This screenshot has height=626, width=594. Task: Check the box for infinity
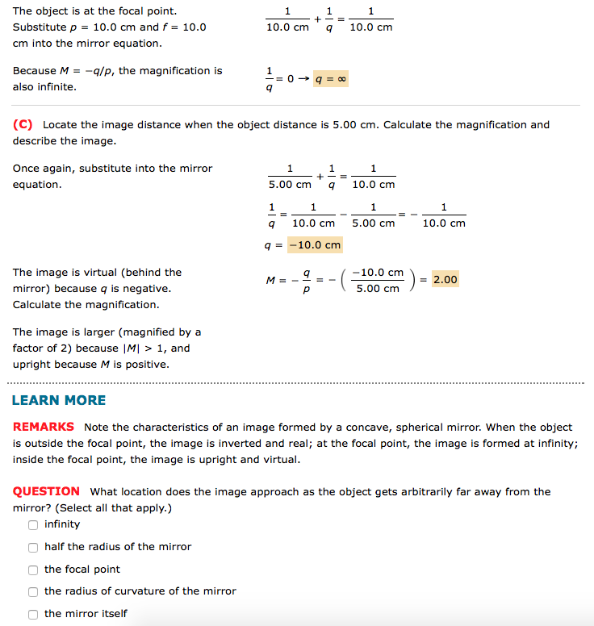coord(33,524)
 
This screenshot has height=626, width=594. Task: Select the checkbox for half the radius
coord(33,547)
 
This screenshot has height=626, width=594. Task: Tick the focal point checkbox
coord(33,570)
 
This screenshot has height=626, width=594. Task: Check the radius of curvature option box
coord(33,591)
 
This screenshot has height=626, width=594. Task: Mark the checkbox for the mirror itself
coord(33,614)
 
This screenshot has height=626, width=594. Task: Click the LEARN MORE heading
coord(59,401)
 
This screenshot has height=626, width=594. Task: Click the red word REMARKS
coord(44,427)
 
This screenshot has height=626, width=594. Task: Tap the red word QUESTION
coord(46,491)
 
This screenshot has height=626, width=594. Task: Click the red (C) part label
coord(23,125)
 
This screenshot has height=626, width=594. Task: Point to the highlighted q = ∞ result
coord(332,79)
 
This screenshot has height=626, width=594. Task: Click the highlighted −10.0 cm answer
coord(315,244)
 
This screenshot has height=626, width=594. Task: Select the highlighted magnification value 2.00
coord(445,280)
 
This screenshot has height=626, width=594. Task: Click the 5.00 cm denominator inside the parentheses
coord(378,289)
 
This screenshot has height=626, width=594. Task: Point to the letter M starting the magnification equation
coord(271,280)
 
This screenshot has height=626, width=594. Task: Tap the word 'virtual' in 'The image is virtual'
coord(98,273)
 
